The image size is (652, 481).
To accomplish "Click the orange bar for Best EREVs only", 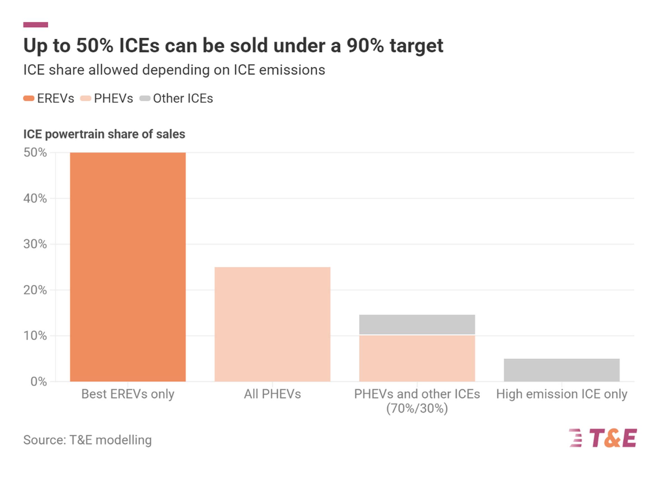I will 128,267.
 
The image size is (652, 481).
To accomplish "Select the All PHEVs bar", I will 272,324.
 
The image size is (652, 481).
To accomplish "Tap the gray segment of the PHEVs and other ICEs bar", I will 417,324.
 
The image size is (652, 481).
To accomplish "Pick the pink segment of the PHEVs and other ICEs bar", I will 417,358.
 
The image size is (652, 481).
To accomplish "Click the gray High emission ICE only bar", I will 562,370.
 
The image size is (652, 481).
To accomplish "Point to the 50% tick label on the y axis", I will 35,152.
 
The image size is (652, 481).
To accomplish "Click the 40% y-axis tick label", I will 35,199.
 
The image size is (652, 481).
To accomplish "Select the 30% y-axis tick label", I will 35,244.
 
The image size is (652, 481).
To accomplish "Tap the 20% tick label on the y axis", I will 35,290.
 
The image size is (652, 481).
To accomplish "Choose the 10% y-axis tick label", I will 35,336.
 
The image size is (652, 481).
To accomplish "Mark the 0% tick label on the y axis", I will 38,382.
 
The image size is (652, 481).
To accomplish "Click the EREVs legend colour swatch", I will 29,98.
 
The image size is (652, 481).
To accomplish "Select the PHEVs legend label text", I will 114,98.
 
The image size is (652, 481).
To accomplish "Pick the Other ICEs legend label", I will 183,98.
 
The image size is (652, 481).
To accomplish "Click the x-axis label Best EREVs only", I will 128,394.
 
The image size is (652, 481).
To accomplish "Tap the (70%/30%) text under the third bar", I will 417,409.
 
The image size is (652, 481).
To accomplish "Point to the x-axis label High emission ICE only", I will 562,394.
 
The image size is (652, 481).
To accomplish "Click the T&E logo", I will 603,438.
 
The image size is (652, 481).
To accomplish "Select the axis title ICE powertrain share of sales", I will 104,134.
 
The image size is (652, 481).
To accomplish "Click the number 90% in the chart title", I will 365,46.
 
